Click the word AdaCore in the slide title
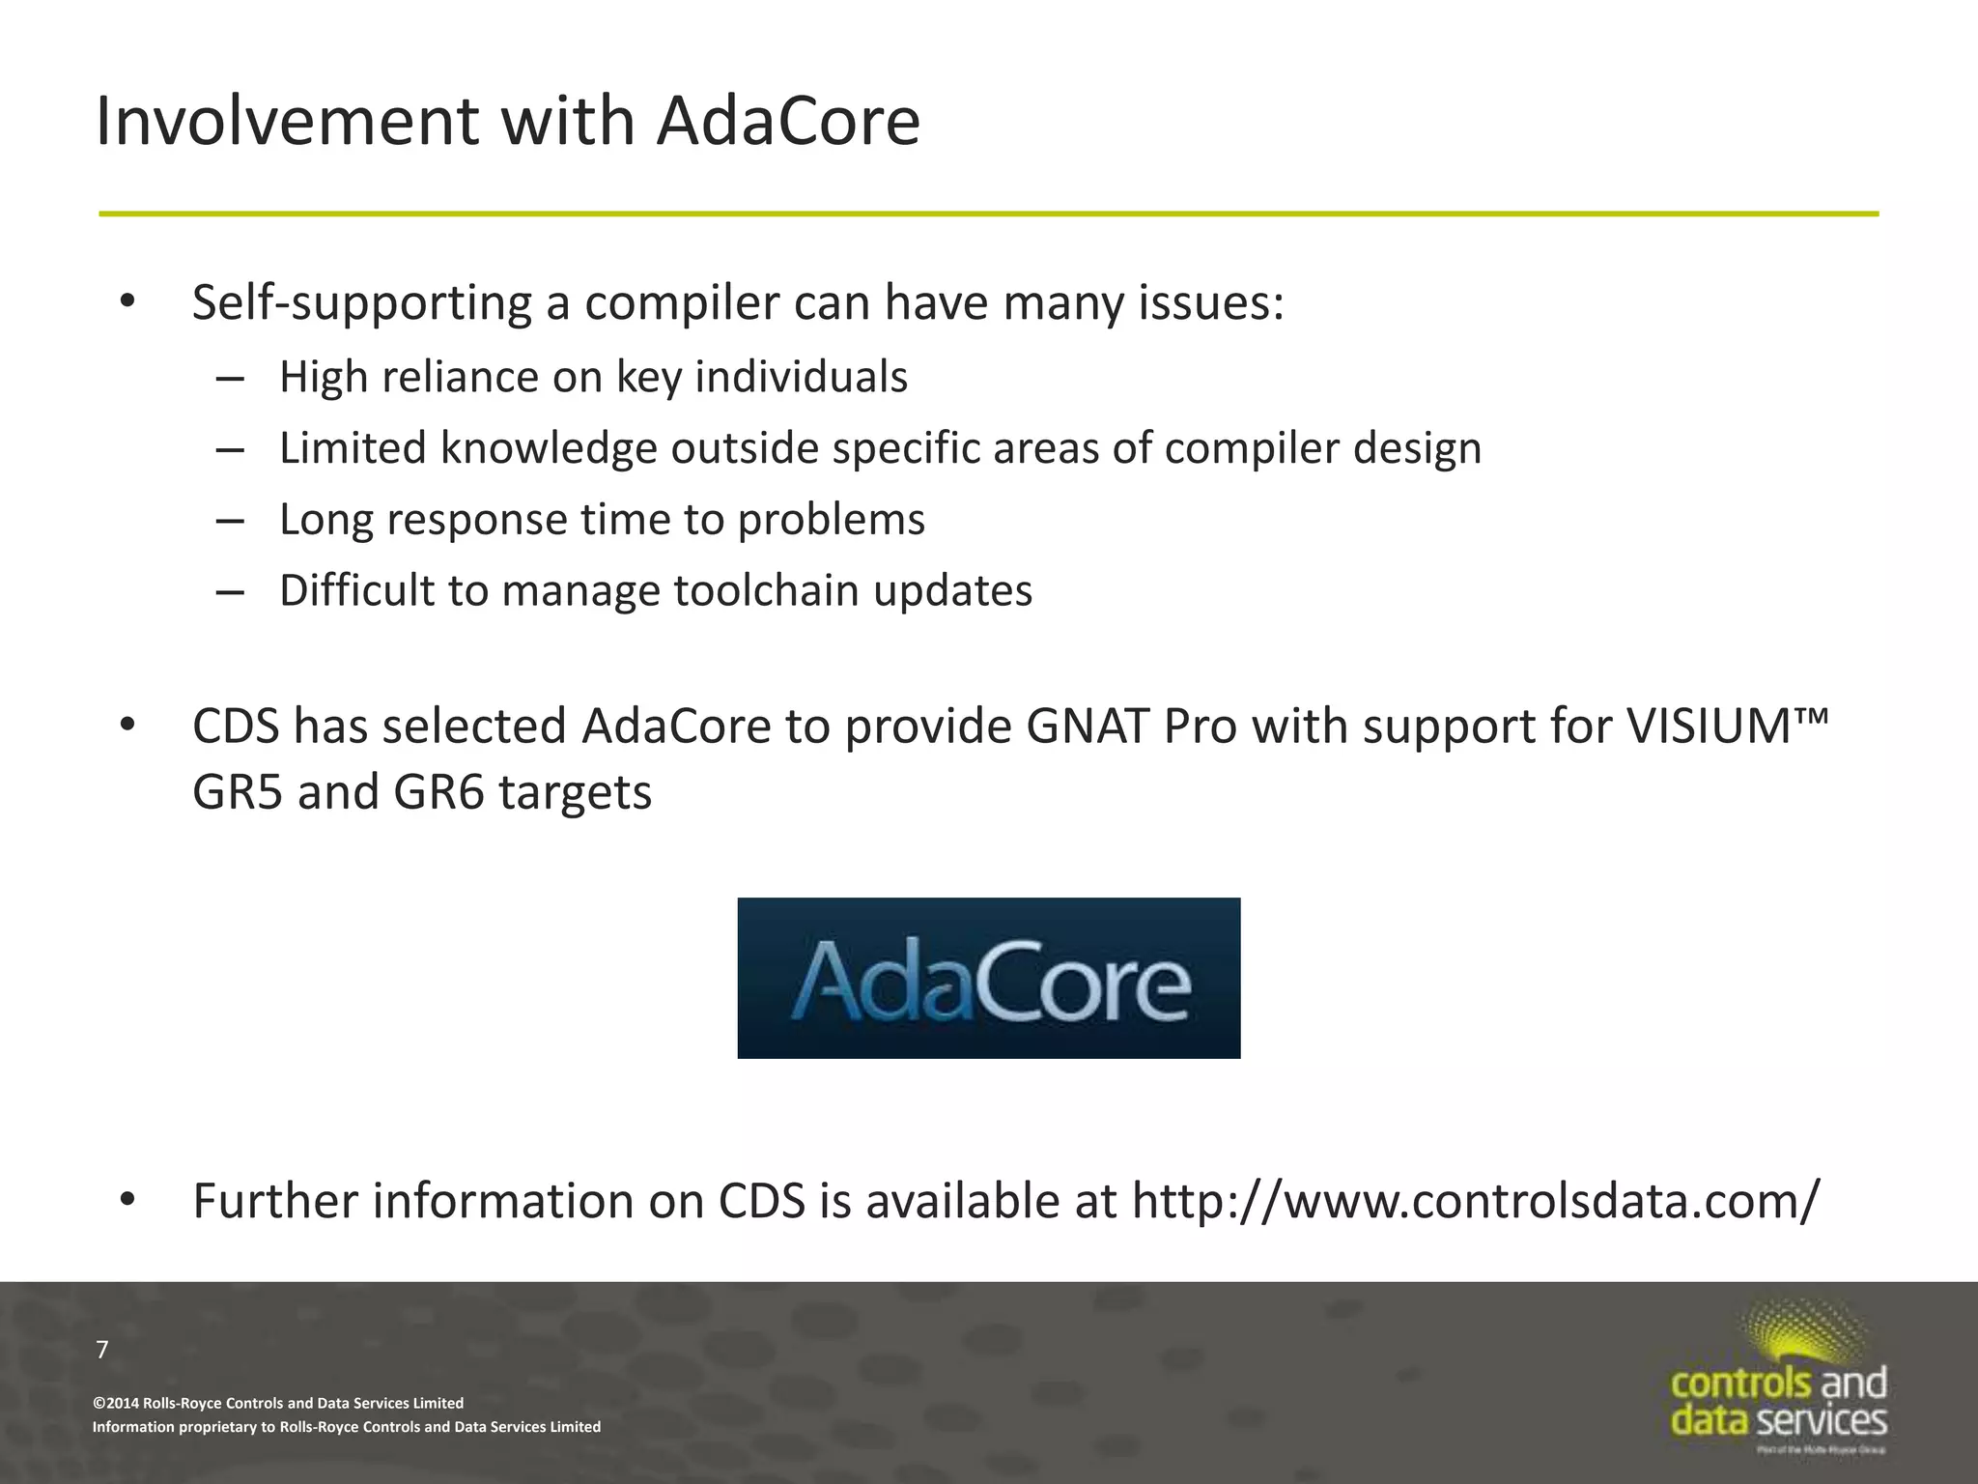click(x=788, y=122)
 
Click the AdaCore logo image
click(x=988, y=978)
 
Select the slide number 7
click(x=102, y=1350)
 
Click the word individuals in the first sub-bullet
click(x=801, y=377)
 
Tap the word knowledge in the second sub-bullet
click(x=549, y=448)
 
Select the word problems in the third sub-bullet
click(x=831, y=520)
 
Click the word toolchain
click(x=765, y=591)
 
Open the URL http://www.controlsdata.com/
click(x=1475, y=1202)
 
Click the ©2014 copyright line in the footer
click(x=278, y=1403)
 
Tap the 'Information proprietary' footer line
click(x=346, y=1427)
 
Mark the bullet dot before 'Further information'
click(x=127, y=1200)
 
